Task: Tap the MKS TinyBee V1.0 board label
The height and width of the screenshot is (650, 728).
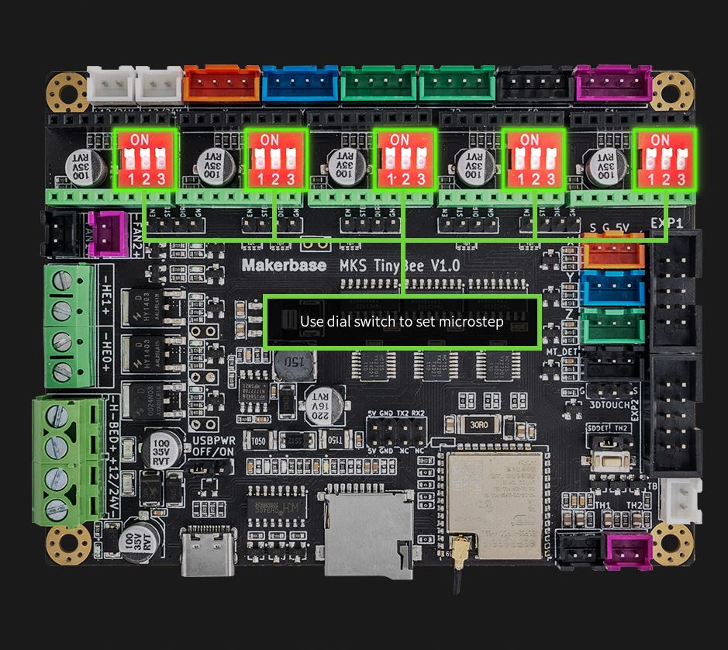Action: [400, 264]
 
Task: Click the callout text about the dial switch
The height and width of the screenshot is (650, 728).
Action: [402, 321]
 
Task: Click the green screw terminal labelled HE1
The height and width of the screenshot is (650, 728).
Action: [62, 294]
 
